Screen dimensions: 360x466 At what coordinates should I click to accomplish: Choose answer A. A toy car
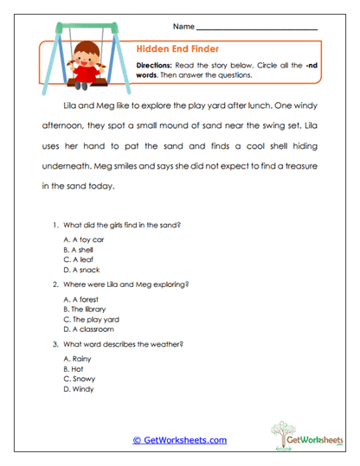coord(85,239)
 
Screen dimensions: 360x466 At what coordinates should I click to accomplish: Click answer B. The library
coord(87,309)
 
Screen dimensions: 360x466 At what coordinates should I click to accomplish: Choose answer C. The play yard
coord(91,319)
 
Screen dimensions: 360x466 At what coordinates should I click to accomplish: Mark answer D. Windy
coord(80,388)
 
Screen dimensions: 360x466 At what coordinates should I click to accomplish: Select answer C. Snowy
coord(81,378)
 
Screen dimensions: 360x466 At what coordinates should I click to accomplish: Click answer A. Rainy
coord(80,358)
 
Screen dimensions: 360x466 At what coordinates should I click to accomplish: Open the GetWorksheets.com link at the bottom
coord(180,440)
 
